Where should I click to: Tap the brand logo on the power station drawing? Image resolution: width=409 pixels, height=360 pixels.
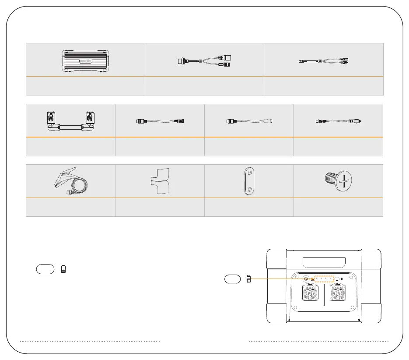(85, 61)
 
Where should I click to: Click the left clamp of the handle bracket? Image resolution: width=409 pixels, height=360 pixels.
(52, 118)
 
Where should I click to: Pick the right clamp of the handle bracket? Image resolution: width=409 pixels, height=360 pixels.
(90, 118)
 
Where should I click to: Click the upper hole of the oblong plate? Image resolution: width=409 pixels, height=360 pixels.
(249, 174)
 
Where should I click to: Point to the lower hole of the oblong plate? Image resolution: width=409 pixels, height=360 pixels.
(249, 189)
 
